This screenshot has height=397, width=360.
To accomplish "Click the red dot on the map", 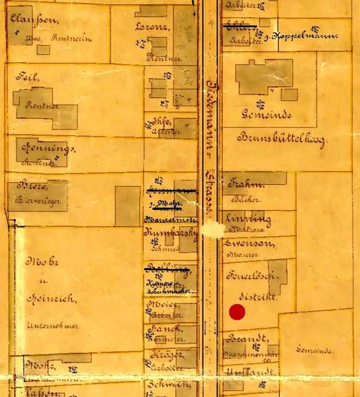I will tap(237, 312).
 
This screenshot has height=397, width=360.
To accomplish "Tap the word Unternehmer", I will tap(47, 326).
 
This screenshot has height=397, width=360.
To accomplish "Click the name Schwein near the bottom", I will tap(164, 384).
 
